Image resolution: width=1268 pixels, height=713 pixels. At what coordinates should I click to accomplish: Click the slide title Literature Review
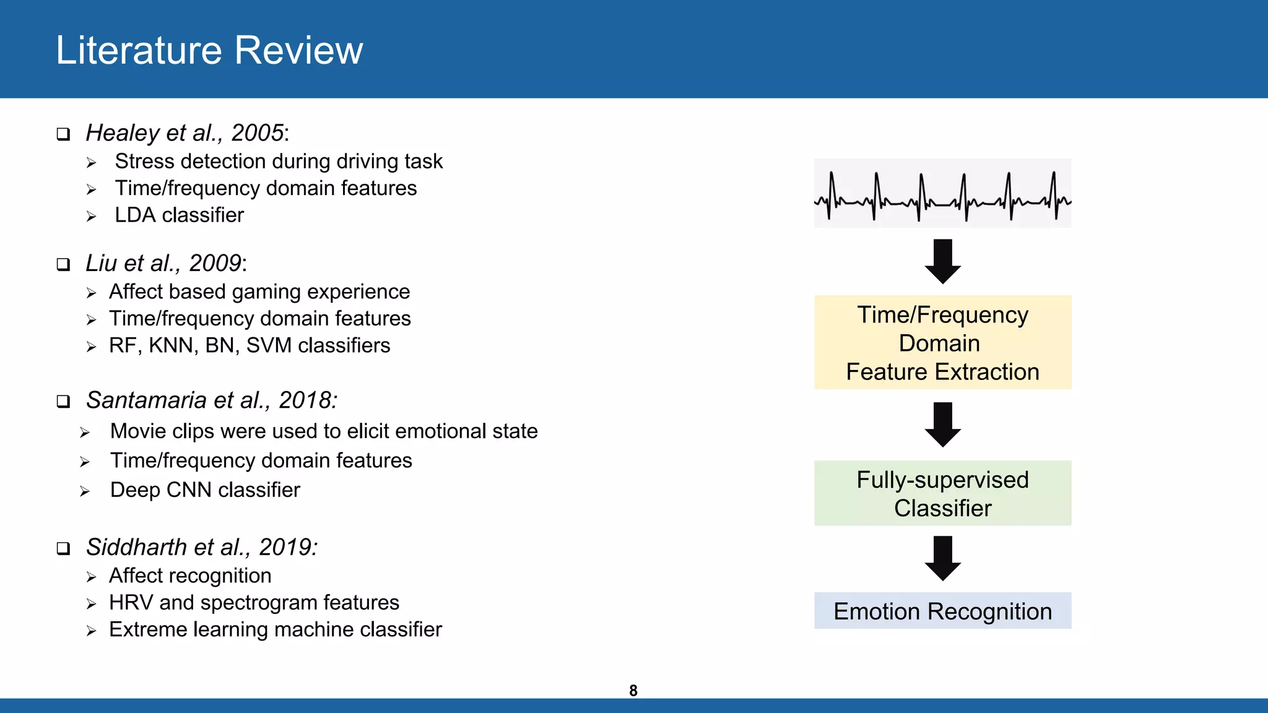[x=209, y=50]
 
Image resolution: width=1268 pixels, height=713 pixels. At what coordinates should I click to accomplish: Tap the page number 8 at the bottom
[x=633, y=691]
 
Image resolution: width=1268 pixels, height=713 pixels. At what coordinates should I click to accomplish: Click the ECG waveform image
[x=942, y=194]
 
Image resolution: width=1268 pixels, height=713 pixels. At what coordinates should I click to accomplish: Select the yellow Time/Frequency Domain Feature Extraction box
[x=942, y=343]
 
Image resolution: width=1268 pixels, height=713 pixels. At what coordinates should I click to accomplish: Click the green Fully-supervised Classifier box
[x=942, y=493]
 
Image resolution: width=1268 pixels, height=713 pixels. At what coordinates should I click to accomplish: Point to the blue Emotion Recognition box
[x=942, y=611]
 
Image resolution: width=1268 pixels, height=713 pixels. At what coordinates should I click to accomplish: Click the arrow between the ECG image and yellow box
[x=942, y=261]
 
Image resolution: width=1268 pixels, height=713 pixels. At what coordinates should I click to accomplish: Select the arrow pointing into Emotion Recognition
[x=942, y=558]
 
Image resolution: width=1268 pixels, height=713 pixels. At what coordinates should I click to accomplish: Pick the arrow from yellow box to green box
[x=942, y=424]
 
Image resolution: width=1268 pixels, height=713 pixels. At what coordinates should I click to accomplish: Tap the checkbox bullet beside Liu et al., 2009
[x=63, y=265]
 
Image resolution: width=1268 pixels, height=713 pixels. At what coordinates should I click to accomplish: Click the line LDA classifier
[x=179, y=215]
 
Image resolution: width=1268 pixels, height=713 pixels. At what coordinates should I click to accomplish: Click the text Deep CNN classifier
[x=205, y=490]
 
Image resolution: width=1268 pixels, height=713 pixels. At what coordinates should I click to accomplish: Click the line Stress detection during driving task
[x=279, y=162]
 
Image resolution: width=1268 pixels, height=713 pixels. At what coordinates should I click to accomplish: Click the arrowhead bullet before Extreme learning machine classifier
[x=91, y=631]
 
